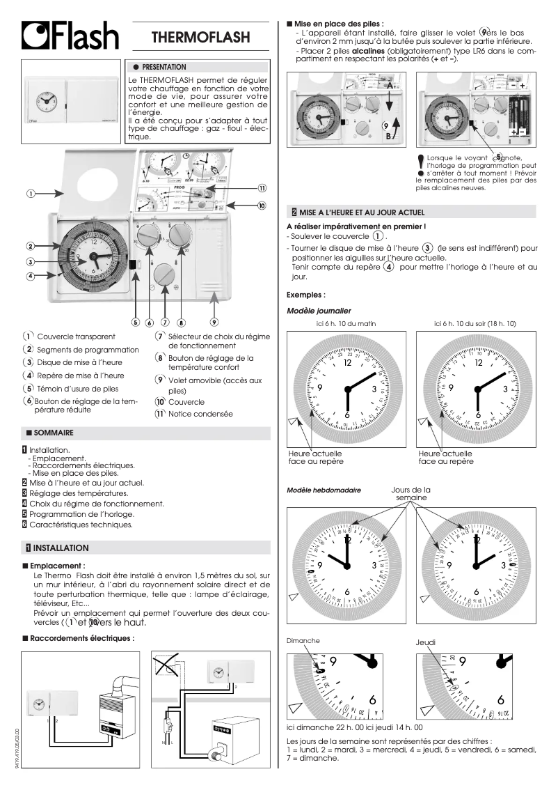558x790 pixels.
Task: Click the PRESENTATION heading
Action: (x=164, y=67)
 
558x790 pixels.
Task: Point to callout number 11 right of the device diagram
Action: (x=262, y=188)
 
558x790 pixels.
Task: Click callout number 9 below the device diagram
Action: (x=214, y=322)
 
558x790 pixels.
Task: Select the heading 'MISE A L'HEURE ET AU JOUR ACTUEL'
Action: (x=362, y=211)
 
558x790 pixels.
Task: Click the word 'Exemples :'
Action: (x=306, y=295)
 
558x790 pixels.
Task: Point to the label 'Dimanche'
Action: (x=303, y=640)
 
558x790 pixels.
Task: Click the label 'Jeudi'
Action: (x=424, y=641)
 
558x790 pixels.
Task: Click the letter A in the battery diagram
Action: (x=391, y=84)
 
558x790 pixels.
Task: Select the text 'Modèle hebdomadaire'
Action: (x=324, y=490)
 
